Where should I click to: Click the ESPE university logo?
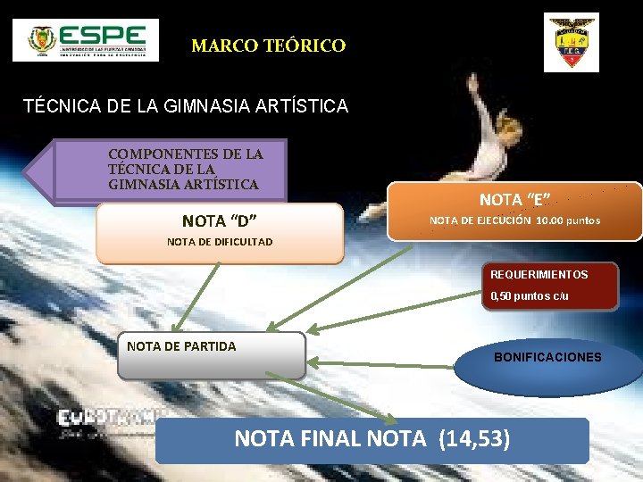(x=86, y=40)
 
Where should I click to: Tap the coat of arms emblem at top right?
(x=572, y=42)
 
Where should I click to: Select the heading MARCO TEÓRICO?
(x=268, y=46)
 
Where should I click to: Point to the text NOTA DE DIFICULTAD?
(x=220, y=242)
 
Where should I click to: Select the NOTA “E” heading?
(x=514, y=200)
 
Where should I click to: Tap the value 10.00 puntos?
(x=568, y=220)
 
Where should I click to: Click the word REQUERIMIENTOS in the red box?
(x=539, y=275)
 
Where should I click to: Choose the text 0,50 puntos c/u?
(x=529, y=295)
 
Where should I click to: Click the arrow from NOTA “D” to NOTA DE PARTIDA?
(x=196, y=296)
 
